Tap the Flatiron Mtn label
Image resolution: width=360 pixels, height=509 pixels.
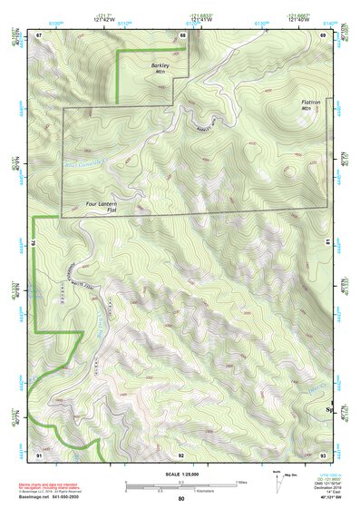tap(311, 105)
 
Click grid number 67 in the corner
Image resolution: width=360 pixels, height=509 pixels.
tap(39, 34)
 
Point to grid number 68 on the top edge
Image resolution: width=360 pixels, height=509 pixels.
tap(182, 34)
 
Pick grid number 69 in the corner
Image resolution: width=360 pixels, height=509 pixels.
tap(325, 34)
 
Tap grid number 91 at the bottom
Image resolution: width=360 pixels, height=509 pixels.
tap(39, 454)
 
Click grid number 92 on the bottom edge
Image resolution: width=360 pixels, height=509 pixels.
tap(181, 454)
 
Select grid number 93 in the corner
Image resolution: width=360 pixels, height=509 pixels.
tap(324, 454)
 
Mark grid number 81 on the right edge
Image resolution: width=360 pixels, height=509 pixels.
tap(326, 241)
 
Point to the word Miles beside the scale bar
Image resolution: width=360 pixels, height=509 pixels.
tap(241, 482)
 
